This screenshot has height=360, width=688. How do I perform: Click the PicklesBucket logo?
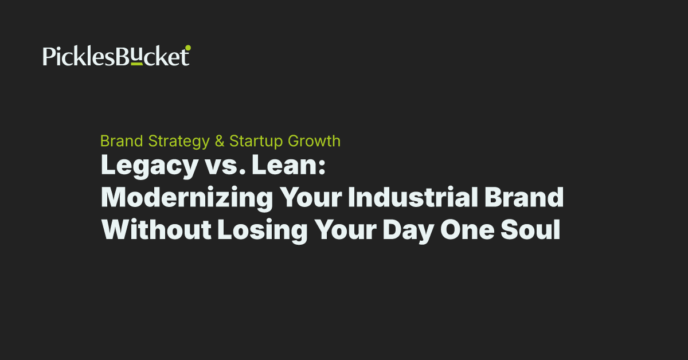coord(116,57)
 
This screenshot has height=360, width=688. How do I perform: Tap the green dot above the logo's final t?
coord(188,48)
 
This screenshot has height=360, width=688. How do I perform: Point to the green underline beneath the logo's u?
coord(136,65)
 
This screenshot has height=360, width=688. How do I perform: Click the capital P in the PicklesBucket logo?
coord(49,57)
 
